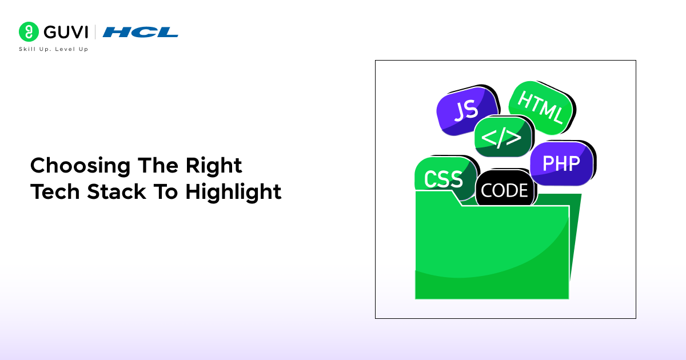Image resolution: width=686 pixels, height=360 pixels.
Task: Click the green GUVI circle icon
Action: coord(29,31)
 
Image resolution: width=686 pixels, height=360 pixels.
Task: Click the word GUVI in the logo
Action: coord(66,32)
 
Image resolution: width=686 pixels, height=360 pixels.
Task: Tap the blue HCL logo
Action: coord(140,32)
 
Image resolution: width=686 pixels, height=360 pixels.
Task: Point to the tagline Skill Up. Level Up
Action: coord(54,49)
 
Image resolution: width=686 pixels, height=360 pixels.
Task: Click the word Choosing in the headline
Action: coord(81,166)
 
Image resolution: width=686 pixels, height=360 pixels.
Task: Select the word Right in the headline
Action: coord(214,166)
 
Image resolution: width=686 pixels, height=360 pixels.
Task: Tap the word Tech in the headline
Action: coord(55,192)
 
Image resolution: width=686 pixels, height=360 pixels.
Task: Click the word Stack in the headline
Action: coord(117,192)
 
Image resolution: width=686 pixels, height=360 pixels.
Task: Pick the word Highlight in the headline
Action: coord(233,193)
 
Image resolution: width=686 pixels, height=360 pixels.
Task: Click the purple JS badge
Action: coord(466,111)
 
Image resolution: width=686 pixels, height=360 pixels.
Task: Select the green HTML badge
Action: coord(541,107)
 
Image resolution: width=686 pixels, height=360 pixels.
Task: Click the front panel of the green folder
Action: coord(492,251)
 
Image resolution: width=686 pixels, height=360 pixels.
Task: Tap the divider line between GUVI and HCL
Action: coord(95,32)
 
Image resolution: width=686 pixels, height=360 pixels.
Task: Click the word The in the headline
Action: coord(158,165)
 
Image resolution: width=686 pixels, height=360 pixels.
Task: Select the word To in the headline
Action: coord(166,192)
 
